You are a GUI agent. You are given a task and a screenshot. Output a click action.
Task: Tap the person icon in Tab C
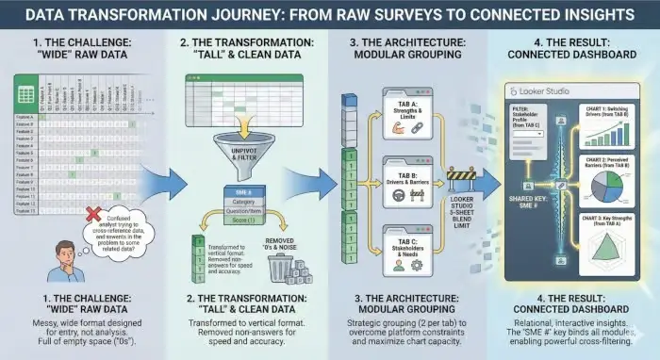pyautogui.click(x=396, y=263)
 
